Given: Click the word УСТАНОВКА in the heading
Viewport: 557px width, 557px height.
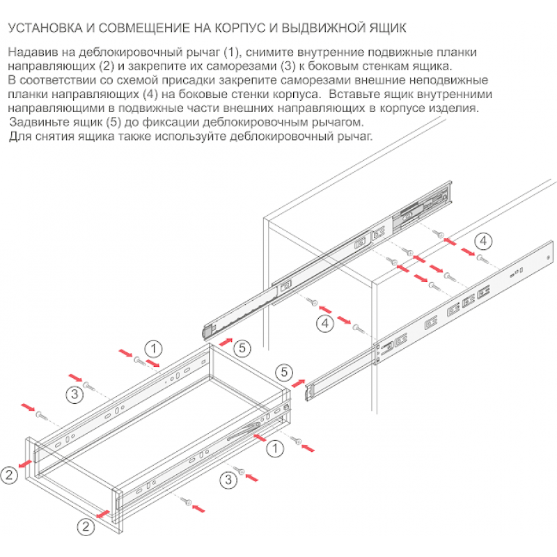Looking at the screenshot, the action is click(x=45, y=28).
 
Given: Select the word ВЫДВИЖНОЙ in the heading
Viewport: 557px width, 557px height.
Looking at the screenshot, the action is click(x=323, y=28).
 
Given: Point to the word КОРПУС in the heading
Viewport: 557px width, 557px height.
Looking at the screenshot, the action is click(x=240, y=28).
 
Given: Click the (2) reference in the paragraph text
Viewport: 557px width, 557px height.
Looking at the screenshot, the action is click(x=105, y=66).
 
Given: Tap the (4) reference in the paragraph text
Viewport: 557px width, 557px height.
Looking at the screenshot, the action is click(x=150, y=95).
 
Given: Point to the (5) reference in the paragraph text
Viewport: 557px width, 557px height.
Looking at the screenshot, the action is click(x=114, y=123).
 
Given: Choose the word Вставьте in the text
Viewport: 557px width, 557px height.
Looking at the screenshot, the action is click(x=359, y=94).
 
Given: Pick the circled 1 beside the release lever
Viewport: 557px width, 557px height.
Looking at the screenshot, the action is click(x=275, y=448).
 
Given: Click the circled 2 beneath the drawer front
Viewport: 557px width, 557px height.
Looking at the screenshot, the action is click(x=86, y=526).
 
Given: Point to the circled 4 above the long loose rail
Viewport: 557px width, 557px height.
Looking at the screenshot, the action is click(x=483, y=242).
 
